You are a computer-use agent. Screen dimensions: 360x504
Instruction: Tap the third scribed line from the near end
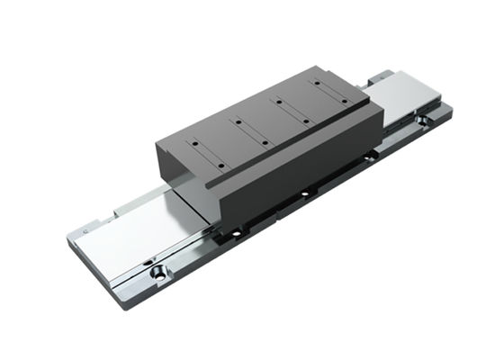click(292, 105)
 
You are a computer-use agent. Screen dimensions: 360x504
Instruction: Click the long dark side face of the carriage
click(297, 166)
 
